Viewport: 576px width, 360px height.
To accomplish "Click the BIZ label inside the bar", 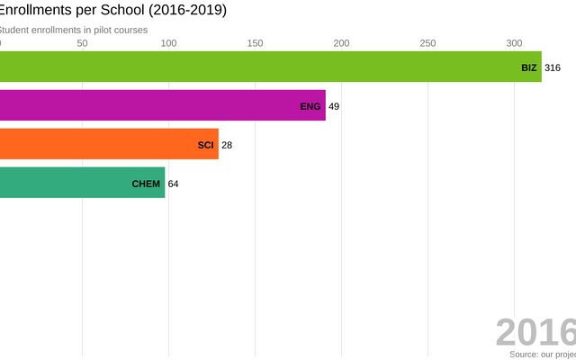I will click(528, 67).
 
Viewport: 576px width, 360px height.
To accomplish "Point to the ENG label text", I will click(310, 106).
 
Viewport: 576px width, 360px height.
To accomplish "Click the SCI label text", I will click(206, 144).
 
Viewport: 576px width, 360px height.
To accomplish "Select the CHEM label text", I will click(146, 184).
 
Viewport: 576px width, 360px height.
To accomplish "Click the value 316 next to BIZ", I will click(553, 67).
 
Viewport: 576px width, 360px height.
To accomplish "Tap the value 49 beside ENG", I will click(334, 106).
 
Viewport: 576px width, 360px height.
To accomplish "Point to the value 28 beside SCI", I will click(227, 144).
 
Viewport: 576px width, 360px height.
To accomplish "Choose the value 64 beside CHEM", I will click(174, 184).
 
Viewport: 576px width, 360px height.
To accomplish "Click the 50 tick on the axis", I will click(83, 43).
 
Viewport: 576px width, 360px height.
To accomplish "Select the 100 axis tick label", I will click(168, 43).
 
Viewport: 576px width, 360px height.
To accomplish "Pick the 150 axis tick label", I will click(255, 43).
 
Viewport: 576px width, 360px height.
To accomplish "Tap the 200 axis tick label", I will click(341, 43).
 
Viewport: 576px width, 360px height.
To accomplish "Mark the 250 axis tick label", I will click(427, 43).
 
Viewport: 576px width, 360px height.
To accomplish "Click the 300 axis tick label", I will click(514, 43).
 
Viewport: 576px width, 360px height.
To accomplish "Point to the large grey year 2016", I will click(535, 333).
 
